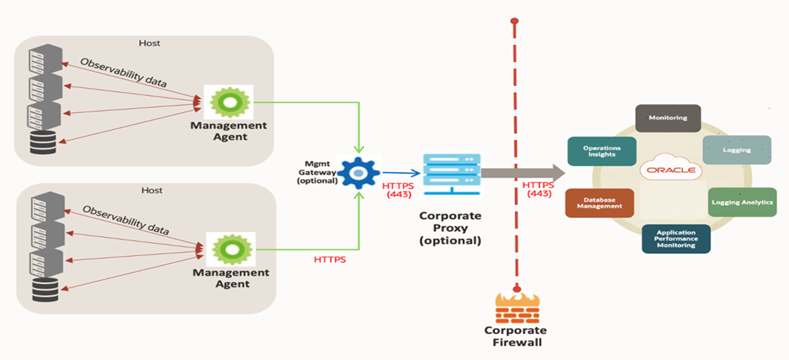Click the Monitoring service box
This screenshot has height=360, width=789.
click(x=667, y=118)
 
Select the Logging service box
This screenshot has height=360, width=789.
click(x=737, y=150)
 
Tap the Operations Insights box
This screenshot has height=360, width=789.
click(x=601, y=151)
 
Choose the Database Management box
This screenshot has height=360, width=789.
click(x=599, y=203)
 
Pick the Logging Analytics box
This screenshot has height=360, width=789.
click(x=742, y=202)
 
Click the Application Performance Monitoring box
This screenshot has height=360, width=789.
click(x=676, y=238)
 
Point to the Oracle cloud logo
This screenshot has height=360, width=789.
click(x=671, y=170)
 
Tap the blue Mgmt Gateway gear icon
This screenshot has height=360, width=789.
click(x=359, y=173)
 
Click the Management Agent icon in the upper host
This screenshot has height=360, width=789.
click(x=229, y=103)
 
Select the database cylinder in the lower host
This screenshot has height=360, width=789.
click(x=46, y=289)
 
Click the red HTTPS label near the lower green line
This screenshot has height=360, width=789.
click(x=330, y=259)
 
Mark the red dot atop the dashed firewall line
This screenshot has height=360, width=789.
click(x=514, y=21)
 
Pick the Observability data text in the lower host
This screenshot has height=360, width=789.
click(x=126, y=220)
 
